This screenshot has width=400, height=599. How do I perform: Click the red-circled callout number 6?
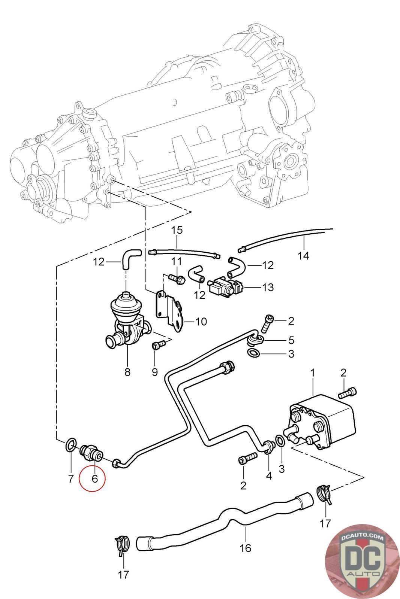(x=94, y=478)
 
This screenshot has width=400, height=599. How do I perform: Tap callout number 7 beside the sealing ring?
(x=71, y=478)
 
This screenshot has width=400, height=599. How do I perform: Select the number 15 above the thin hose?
(x=177, y=230)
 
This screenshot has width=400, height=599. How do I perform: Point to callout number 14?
(x=303, y=256)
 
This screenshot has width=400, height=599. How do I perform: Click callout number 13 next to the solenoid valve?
(x=267, y=287)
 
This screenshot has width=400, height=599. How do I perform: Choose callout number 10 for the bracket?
(x=201, y=322)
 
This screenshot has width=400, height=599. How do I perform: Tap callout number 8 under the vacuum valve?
(x=127, y=371)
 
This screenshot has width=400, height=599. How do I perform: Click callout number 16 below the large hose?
(x=245, y=548)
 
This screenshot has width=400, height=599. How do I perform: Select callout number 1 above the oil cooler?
(x=313, y=373)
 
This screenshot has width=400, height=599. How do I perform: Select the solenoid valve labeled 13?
(x=225, y=287)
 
